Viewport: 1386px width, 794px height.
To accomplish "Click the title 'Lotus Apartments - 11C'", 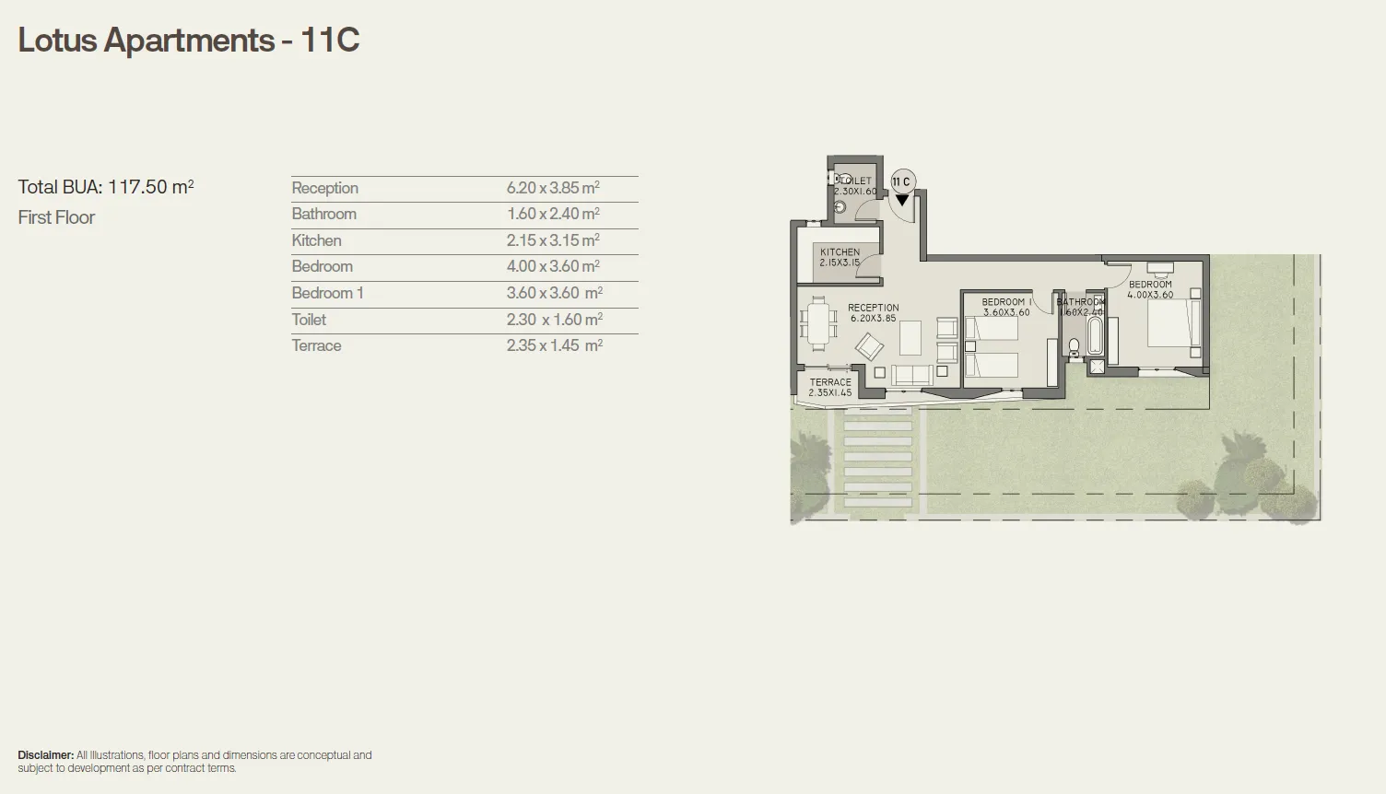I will click(189, 41).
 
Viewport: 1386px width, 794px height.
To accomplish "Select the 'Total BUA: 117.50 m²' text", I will click(106, 187).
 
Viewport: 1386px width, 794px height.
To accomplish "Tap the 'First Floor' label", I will click(56, 217).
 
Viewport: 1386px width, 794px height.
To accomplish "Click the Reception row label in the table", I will click(324, 188).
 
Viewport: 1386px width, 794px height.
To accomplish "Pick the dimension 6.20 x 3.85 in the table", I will click(552, 188).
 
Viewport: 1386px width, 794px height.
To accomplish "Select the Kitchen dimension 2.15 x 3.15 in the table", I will click(552, 240).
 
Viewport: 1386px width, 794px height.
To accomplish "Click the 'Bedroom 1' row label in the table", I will click(327, 293).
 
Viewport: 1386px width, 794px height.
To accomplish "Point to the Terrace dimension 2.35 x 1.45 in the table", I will click(554, 345).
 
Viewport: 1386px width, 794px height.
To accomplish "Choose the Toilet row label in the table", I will click(309, 320).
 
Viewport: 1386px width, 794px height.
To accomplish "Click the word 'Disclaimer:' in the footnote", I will click(46, 755).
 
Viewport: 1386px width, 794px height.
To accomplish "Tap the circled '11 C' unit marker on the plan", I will click(901, 181).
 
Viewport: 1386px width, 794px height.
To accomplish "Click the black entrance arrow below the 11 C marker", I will click(902, 199).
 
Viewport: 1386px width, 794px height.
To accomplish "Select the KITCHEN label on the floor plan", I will click(840, 251).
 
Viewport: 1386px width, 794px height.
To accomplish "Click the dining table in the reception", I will click(817, 323).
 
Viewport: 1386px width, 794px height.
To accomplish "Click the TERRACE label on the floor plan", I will click(830, 382).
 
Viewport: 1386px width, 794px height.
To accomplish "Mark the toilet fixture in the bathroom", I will click(1073, 348).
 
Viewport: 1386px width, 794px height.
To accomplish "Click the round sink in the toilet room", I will click(839, 208).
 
